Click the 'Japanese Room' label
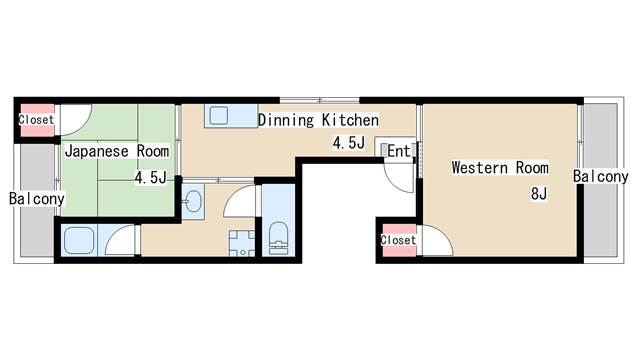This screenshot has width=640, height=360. (x=117, y=151)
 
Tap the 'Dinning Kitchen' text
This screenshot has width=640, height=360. (x=318, y=120)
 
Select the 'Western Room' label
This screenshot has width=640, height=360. (x=500, y=168)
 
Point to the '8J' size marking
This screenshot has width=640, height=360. (x=539, y=193)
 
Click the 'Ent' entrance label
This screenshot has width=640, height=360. (x=398, y=151)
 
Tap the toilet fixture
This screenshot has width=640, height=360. (x=279, y=238)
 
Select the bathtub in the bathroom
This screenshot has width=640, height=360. (x=79, y=240)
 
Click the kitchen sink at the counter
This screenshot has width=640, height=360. (x=219, y=116)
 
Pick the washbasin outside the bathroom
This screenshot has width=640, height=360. (x=193, y=201)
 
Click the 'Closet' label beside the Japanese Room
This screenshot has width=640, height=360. (x=36, y=120)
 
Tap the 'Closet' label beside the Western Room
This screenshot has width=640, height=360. (x=398, y=240)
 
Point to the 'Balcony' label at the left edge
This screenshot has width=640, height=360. (x=37, y=199)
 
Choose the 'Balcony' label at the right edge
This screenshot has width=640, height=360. (x=600, y=176)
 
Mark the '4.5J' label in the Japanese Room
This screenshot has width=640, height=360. (x=151, y=178)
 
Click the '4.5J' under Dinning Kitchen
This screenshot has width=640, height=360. (x=349, y=143)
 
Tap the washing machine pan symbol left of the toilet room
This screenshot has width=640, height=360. (x=242, y=244)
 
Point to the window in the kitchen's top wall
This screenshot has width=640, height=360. (x=320, y=100)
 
